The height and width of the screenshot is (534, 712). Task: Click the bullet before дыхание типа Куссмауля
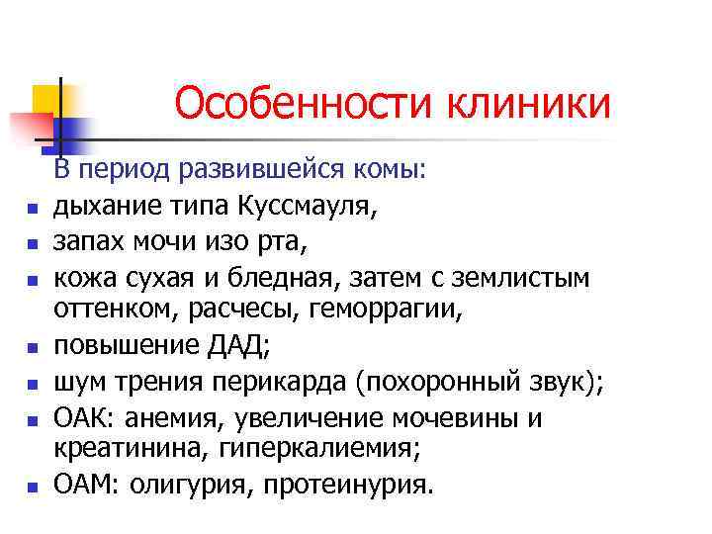(x=33, y=210)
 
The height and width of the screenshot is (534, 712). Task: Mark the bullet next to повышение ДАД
(x=33, y=349)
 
